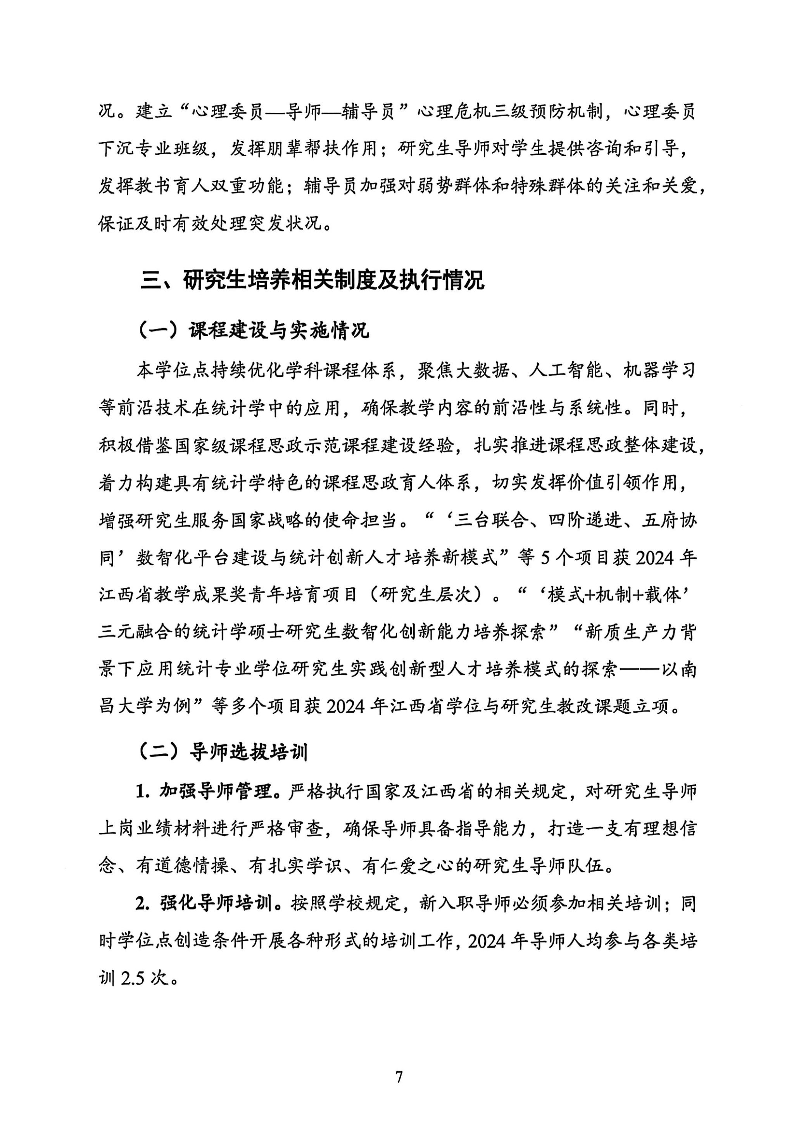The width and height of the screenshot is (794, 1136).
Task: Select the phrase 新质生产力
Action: click(630, 633)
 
